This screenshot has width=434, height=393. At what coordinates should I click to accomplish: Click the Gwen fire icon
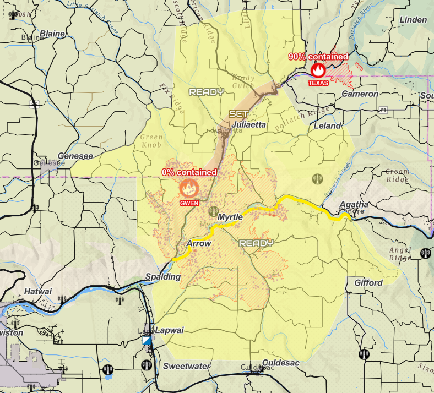pyautogui.click(x=188, y=188)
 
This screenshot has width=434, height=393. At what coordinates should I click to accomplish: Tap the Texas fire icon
pyautogui.click(x=318, y=70)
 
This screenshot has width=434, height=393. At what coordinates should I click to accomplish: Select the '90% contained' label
pyautogui.click(x=318, y=57)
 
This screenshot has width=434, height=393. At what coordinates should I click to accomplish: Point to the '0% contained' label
pyautogui.click(x=189, y=172)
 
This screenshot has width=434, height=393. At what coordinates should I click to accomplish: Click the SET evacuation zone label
pyautogui.click(x=239, y=113)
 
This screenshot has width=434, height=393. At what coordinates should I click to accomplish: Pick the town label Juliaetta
pyautogui.click(x=249, y=125)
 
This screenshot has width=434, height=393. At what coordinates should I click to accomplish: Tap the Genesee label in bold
pyautogui.click(x=75, y=156)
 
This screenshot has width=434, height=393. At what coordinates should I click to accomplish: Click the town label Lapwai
pyautogui.click(x=170, y=330)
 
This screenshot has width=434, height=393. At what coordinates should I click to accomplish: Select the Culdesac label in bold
pyautogui.click(x=280, y=362)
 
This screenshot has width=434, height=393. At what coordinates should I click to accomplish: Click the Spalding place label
pyautogui.click(x=163, y=276)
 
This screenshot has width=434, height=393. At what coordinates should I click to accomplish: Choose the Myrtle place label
pyautogui.click(x=230, y=217)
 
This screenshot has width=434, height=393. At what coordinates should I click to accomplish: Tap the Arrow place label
pyautogui.click(x=199, y=243)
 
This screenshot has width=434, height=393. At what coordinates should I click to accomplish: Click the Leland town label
pyautogui.click(x=327, y=125)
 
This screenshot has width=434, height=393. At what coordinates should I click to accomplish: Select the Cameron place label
pyautogui.click(x=360, y=94)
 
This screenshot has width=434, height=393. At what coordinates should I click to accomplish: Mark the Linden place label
pyautogui.click(x=413, y=20)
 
